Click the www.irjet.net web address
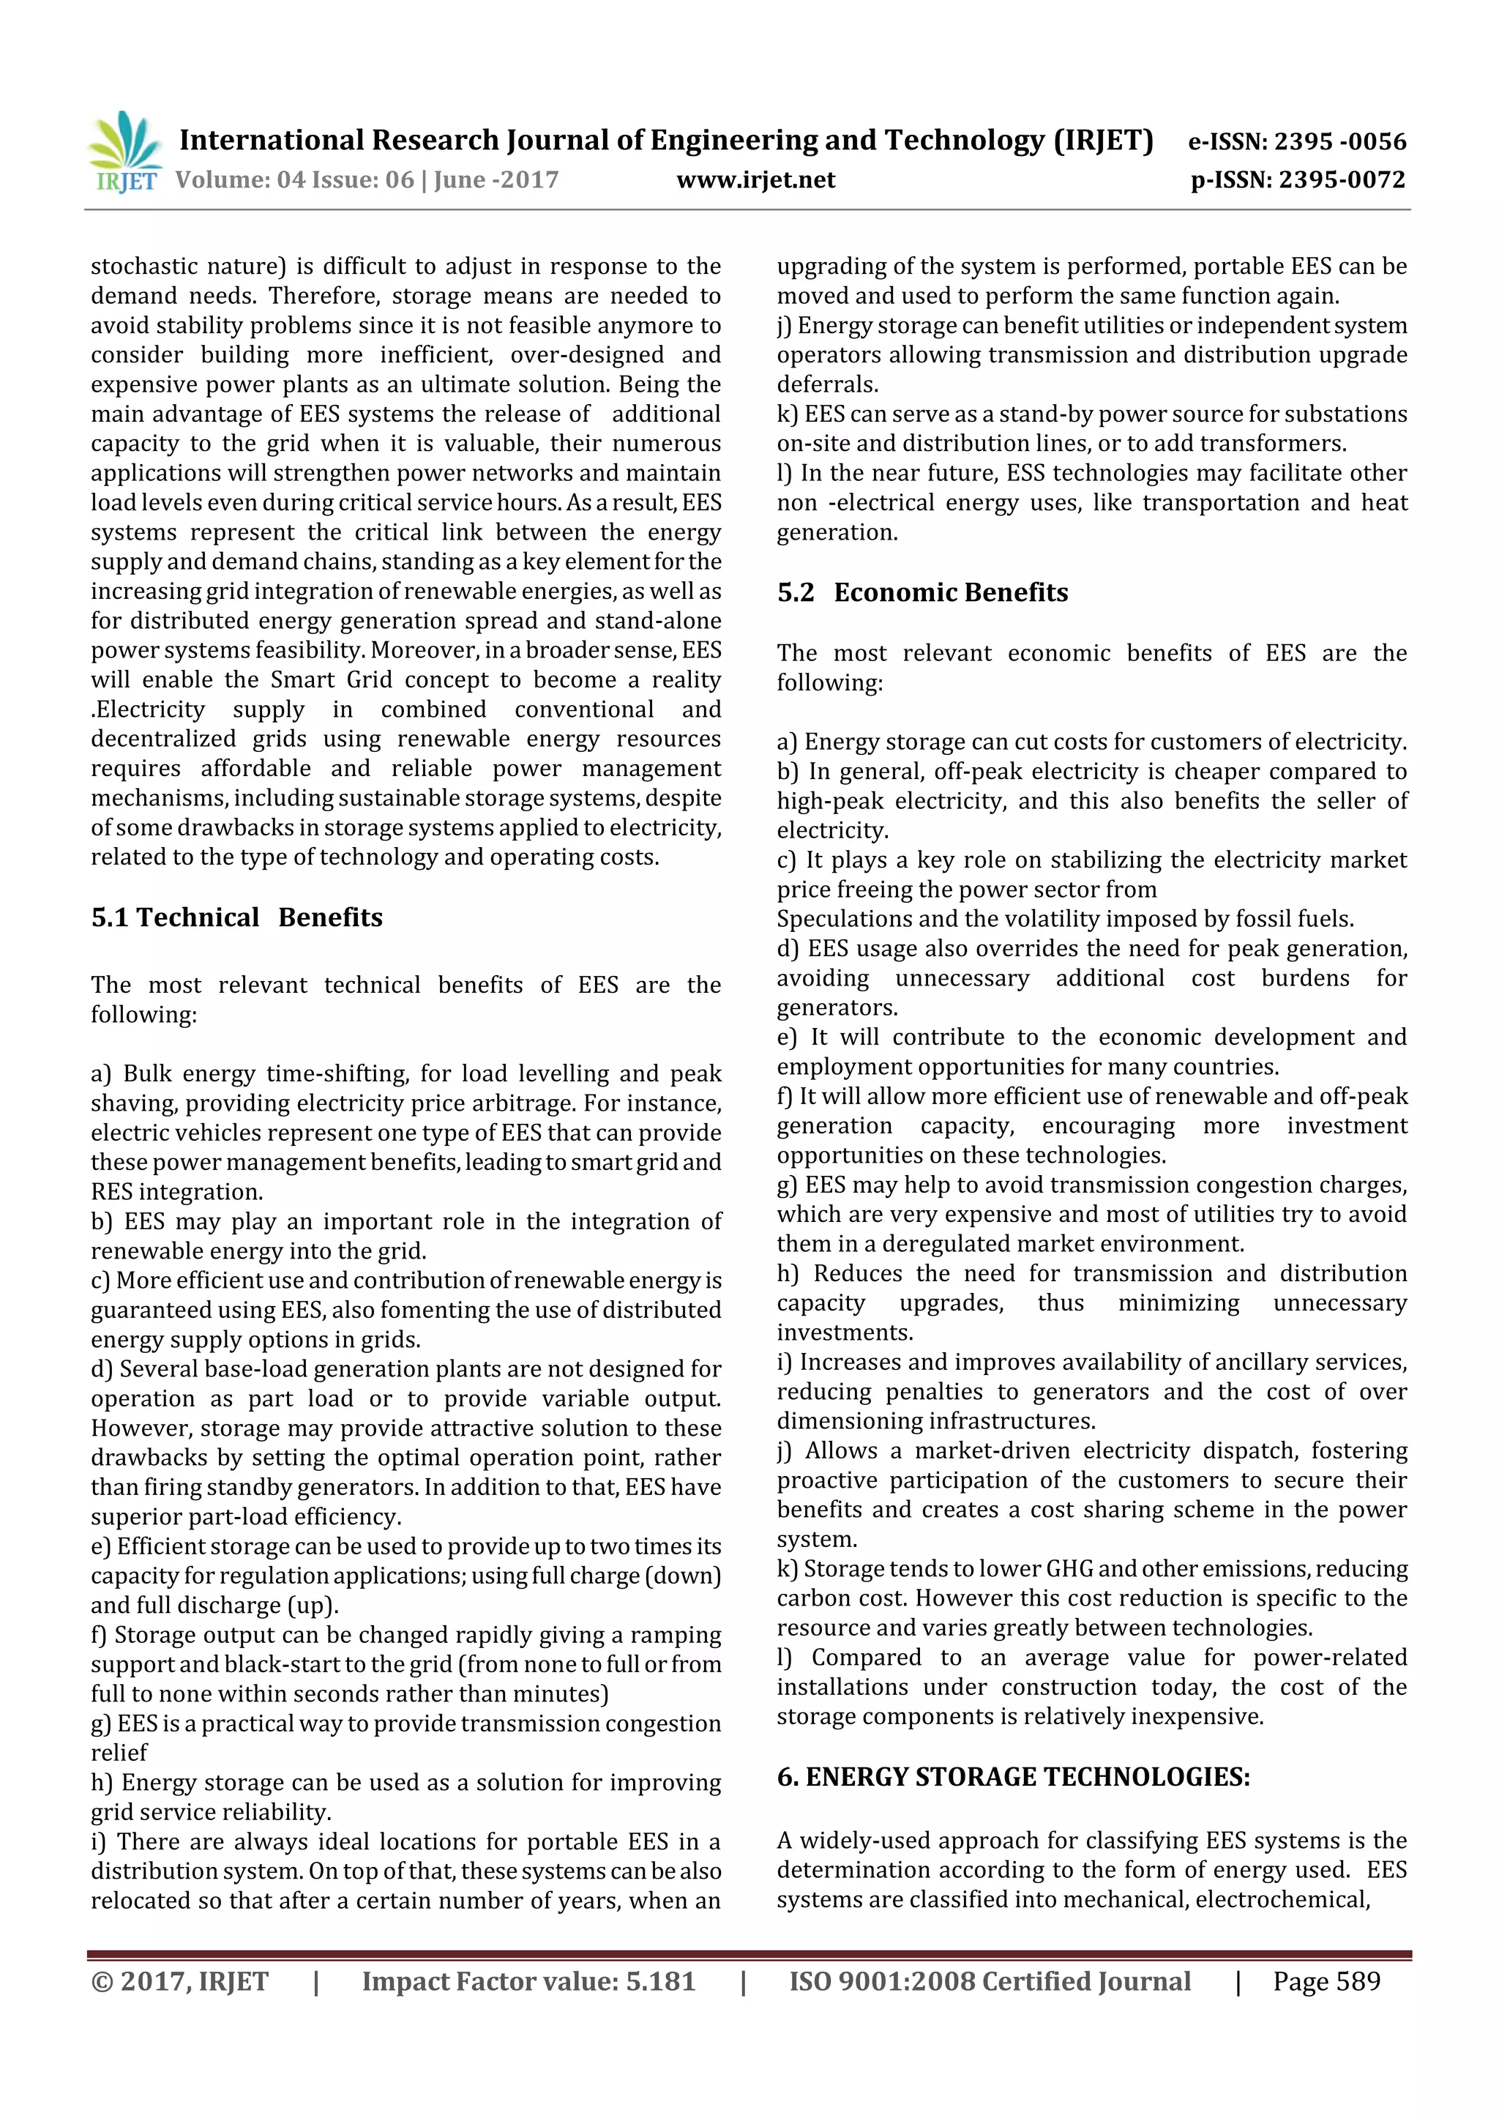755,180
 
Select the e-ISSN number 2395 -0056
1340,141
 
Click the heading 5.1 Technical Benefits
236,917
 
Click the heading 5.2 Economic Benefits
922,592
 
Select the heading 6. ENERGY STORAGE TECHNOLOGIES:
1013,1776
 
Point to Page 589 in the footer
1326,1980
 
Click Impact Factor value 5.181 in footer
528,1980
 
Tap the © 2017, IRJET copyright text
180,1980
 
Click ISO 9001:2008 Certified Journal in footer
989,1980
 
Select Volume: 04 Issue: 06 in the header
294,180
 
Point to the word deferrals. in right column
826,385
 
